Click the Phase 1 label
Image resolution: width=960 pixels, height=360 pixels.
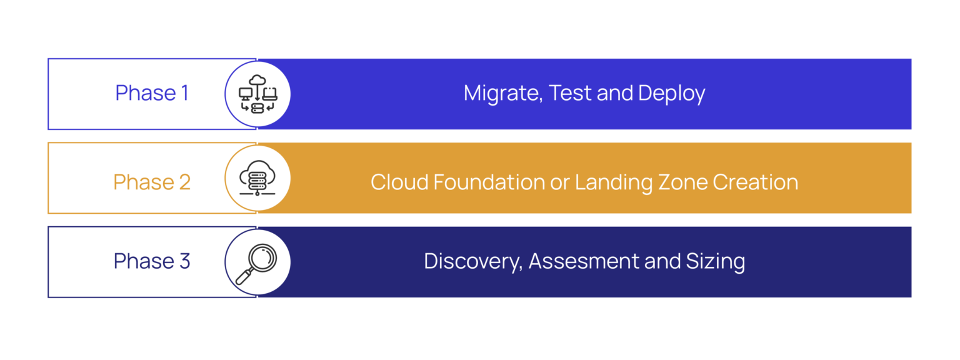click(152, 93)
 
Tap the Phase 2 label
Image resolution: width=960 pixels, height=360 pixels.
click(152, 182)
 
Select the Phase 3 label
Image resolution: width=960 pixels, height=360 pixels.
click(152, 261)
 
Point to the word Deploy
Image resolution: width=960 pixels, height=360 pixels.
click(672, 94)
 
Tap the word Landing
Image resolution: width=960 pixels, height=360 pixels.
click(614, 183)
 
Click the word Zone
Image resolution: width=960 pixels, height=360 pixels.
click(682, 182)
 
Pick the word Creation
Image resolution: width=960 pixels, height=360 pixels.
click(756, 182)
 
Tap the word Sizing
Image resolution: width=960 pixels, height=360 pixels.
click(716, 262)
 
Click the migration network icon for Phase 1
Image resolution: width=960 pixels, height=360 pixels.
click(257, 94)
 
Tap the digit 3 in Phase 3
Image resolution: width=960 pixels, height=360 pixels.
click(185, 261)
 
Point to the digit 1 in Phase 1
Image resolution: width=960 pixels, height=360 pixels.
click(185, 93)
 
